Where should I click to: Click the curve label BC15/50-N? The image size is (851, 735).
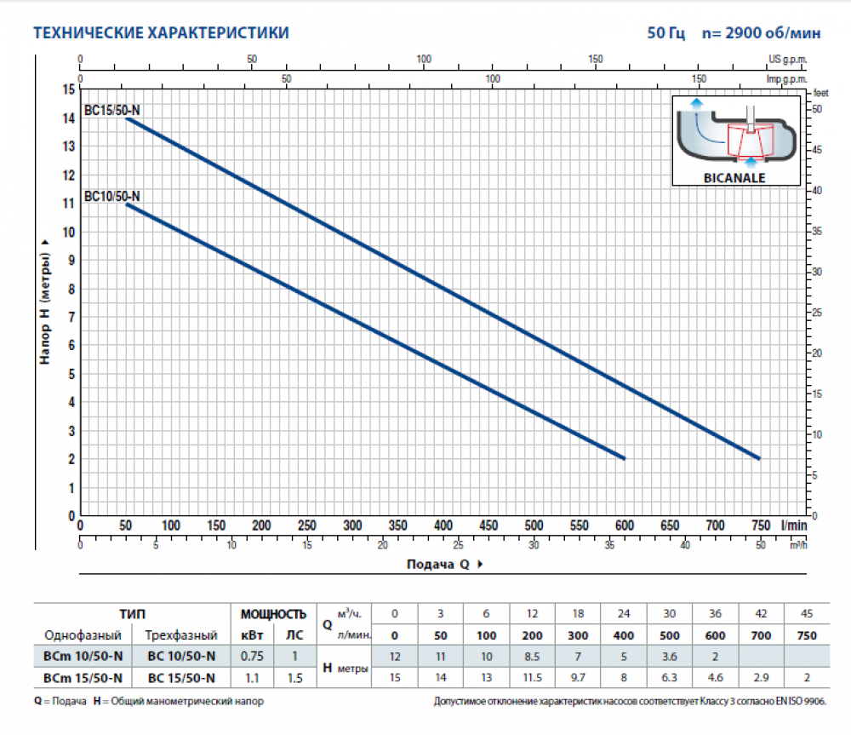[112, 110]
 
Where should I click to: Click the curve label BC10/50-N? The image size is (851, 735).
[112, 197]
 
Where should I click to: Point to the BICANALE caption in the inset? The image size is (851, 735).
[736, 178]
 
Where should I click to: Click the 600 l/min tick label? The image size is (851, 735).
[625, 525]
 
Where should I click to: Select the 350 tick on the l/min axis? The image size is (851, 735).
[397, 525]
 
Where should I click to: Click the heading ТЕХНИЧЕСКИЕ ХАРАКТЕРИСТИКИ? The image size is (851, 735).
[160, 33]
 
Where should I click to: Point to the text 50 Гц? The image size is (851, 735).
[665, 34]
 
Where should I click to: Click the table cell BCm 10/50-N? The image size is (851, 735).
[83, 656]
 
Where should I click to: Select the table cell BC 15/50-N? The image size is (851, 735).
[181, 678]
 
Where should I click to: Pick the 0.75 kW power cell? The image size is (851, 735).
[252, 656]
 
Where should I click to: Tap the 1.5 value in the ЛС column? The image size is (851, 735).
[293, 678]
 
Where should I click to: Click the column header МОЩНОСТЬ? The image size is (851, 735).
[272, 614]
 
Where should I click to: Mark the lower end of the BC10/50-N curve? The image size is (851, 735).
[624, 458]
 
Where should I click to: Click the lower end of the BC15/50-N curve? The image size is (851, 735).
[758, 458]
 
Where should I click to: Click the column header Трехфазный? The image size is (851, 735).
[181, 635]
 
